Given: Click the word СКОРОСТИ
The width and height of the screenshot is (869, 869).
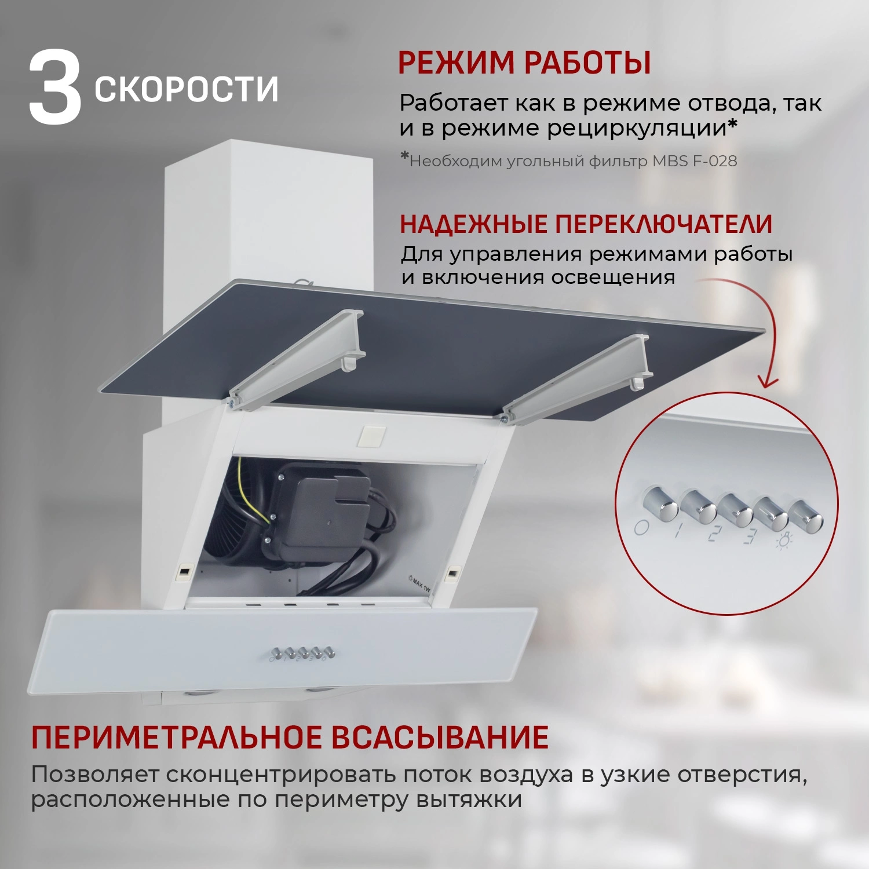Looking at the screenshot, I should [x=187, y=89].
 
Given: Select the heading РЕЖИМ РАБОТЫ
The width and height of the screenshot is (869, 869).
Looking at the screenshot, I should [x=524, y=63].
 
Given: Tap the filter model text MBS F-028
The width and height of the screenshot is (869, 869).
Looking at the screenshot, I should [x=695, y=161].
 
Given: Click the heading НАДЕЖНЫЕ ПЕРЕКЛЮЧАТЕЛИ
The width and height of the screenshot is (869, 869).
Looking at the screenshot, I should [x=586, y=224].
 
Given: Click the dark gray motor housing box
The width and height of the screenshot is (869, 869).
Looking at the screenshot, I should [x=327, y=510].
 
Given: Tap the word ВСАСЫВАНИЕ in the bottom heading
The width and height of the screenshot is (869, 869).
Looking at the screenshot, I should [x=440, y=737].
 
